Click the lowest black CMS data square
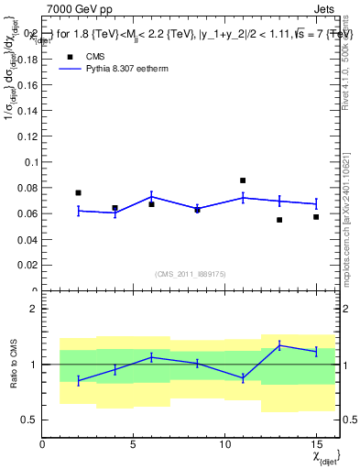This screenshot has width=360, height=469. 279,220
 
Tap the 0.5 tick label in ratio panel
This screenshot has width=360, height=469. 28,420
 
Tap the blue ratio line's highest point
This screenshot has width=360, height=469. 279,344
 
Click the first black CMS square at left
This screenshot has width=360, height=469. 79,192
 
